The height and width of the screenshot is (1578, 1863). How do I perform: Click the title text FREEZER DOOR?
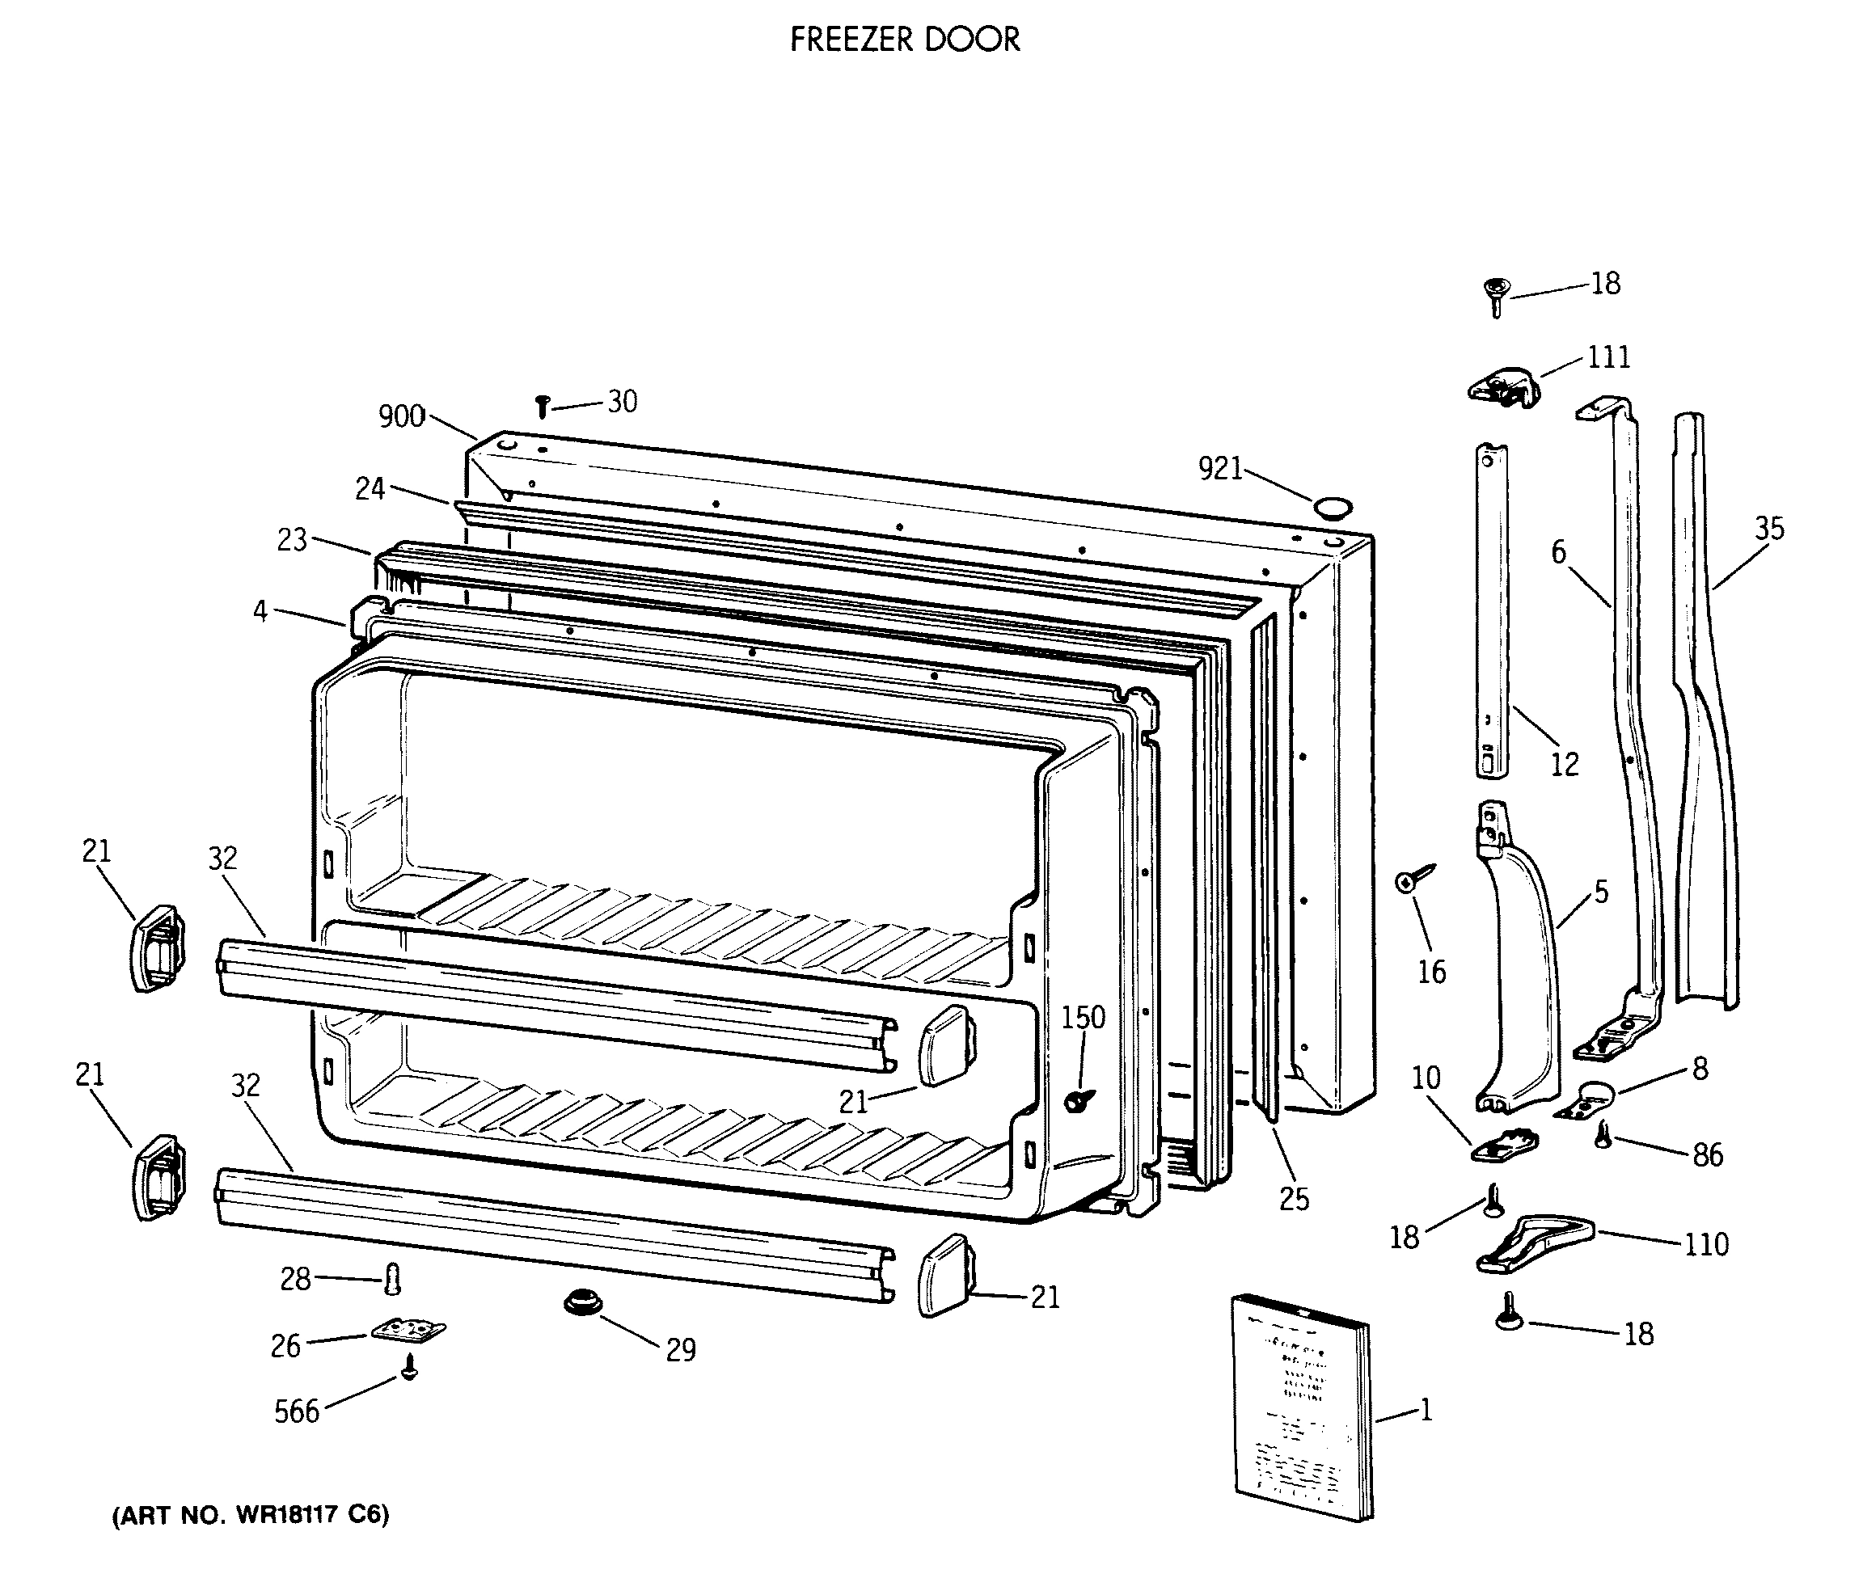point(905,40)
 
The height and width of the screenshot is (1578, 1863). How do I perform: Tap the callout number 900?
point(401,416)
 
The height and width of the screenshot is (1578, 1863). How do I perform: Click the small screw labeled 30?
point(542,407)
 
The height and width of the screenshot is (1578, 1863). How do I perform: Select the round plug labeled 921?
point(1333,509)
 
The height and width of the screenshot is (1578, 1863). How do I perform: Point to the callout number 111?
point(1608,357)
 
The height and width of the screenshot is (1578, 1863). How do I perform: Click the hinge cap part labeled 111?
point(1505,387)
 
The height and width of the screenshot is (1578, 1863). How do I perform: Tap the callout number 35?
point(1768,528)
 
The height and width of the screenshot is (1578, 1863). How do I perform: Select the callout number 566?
point(296,1411)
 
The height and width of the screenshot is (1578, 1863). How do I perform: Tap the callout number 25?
point(1293,1199)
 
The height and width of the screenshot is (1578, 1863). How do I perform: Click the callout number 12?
point(1564,764)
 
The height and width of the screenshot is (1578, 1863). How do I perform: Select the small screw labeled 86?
point(1603,1136)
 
